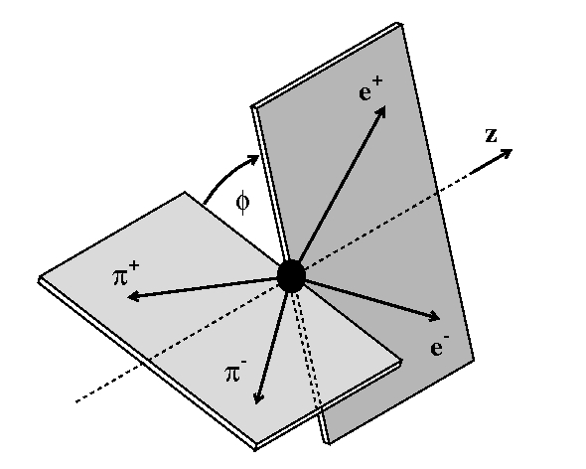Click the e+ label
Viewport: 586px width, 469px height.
tap(370, 88)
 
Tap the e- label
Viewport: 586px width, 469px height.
tap(439, 345)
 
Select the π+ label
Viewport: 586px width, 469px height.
tap(126, 273)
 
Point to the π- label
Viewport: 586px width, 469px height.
tap(236, 371)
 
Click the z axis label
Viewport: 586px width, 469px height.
tap(491, 135)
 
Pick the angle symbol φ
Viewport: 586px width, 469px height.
tap(242, 203)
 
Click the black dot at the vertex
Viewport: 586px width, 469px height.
tap(291, 276)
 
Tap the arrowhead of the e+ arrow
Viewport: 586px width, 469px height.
tap(380, 112)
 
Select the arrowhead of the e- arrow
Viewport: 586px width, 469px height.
tap(433, 317)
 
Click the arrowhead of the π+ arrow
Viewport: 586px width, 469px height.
tap(133, 297)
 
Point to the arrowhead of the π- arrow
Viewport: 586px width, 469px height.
tap(258, 397)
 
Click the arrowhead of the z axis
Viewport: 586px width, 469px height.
tap(506, 153)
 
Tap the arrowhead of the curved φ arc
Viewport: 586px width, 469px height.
tap(253, 160)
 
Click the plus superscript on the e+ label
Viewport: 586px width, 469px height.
tap(377, 81)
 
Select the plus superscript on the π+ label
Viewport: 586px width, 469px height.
tap(134, 266)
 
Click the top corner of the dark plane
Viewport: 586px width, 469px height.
tap(398, 23)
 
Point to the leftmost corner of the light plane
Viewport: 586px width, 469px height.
tap(39, 279)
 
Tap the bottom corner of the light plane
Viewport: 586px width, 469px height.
tap(255, 448)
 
